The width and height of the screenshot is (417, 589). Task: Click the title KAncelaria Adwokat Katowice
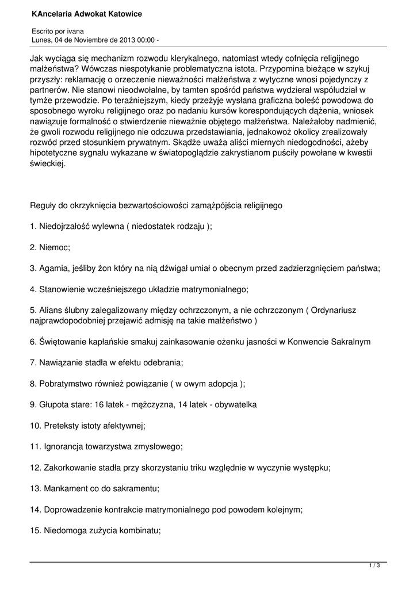tap(87, 13)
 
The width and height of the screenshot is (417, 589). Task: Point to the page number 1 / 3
tap(374, 566)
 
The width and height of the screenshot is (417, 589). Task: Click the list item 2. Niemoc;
tap(49, 247)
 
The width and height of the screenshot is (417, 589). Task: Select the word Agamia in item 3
tap(53, 268)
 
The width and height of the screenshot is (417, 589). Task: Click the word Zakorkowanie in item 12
tap(70, 468)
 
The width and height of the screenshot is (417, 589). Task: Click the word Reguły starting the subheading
tap(43, 205)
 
